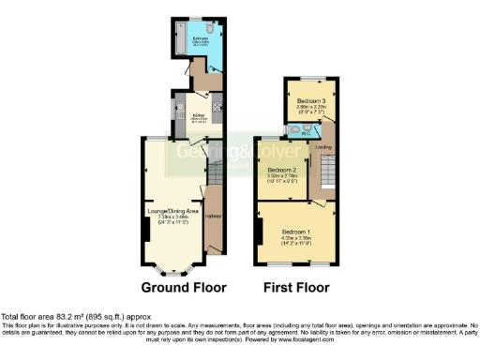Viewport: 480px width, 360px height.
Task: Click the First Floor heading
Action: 294,288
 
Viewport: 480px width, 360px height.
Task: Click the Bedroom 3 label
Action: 311,100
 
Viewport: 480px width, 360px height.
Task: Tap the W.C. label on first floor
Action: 305,133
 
